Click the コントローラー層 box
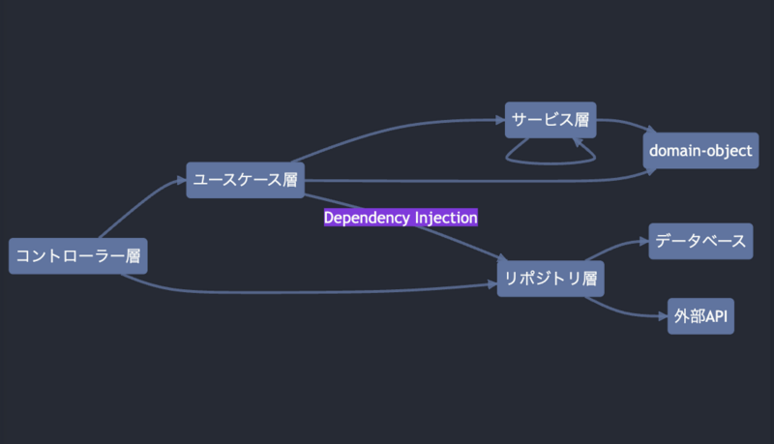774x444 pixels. (78, 255)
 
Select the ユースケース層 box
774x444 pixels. (245, 179)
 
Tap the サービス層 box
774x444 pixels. (551, 121)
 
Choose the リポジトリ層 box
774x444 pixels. (551, 279)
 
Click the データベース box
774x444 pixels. (700, 241)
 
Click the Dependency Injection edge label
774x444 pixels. (401, 218)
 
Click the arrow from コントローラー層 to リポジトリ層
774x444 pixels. (310, 291)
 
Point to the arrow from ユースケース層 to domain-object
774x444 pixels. (484, 181)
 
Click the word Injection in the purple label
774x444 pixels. (446, 218)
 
